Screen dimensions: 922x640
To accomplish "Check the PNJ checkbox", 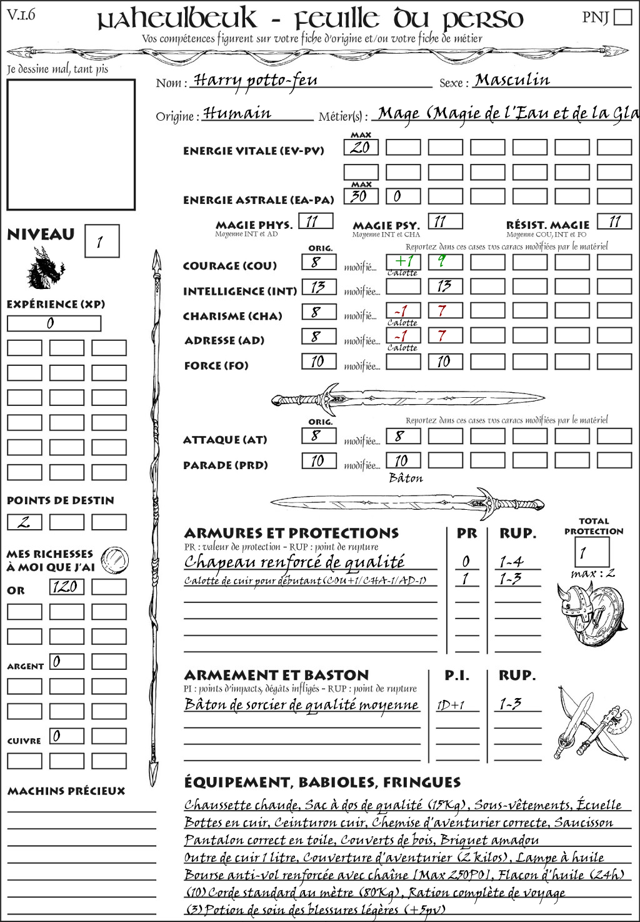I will click(x=622, y=17).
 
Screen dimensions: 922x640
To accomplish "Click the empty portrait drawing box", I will click(x=71, y=144).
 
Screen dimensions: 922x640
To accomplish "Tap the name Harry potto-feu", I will click(x=256, y=81).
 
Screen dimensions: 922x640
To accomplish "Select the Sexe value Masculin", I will click(x=512, y=80).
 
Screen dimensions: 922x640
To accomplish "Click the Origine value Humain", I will click(x=237, y=113).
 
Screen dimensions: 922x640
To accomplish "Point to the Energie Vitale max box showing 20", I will click(x=361, y=148).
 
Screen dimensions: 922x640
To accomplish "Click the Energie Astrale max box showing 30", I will click(x=361, y=196).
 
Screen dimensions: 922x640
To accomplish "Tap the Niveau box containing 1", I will click(x=102, y=241).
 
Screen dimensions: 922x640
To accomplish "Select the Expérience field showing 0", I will click(x=54, y=323).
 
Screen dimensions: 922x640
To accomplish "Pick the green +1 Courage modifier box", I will click(x=403, y=261).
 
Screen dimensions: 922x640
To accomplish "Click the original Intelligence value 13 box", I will click(x=319, y=287).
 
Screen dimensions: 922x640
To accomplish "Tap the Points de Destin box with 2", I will click(x=24, y=522).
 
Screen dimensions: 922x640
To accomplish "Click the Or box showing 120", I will click(x=66, y=587).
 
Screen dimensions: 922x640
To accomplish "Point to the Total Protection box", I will click(x=591, y=552).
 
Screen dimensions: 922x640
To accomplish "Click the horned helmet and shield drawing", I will click(x=589, y=611).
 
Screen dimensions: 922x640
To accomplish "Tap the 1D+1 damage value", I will click(x=451, y=705).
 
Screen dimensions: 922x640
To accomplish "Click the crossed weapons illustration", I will click(x=591, y=724).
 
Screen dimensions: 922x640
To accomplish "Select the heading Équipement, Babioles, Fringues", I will click(x=322, y=783).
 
